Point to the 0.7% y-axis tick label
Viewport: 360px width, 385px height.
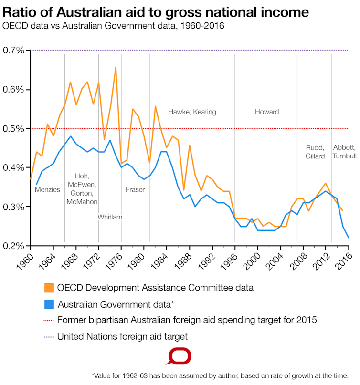coord(14,50)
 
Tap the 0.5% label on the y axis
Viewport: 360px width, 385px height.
coord(14,128)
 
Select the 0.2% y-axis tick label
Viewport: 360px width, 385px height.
coord(14,246)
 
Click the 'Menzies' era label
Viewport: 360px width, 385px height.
coord(48,189)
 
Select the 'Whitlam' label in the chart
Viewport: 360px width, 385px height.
coord(110,217)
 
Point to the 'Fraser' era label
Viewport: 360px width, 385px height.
coord(135,189)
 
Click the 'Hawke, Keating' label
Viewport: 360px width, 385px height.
coord(192,112)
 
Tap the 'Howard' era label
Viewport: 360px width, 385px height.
coord(267,112)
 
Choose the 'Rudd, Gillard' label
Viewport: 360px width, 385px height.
coord(315,151)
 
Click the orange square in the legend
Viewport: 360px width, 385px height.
coord(48,288)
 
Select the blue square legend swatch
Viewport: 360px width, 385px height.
coord(48,304)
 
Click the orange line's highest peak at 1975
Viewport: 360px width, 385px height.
coord(116,67)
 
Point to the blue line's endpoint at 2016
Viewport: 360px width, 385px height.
coord(349,238)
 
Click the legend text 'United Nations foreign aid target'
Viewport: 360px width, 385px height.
coord(122,336)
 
